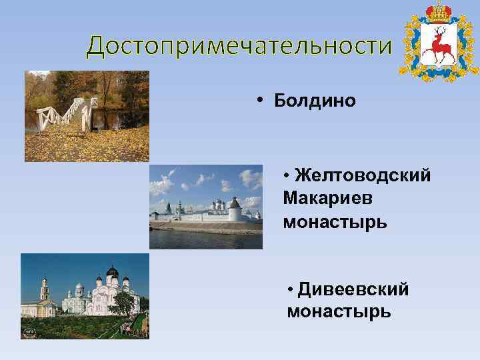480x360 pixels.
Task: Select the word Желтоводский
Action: pyautogui.click(x=363, y=175)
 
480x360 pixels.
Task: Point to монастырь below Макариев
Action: pyautogui.click(x=334, y=221)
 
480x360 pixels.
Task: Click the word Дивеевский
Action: pyautogui.click(x=353, y=289)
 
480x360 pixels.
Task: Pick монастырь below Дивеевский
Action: pyautogui.click(x=339, y=311)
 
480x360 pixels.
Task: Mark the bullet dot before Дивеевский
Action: pyautogui.click(x=291, y=290)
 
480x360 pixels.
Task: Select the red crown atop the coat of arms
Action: pyautogui.click(x=439, y=11)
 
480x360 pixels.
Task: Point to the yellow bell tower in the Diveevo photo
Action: pyautogui.click(x=45, y=293)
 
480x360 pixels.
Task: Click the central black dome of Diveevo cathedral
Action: pyautogui.click(x=112, y=273)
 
